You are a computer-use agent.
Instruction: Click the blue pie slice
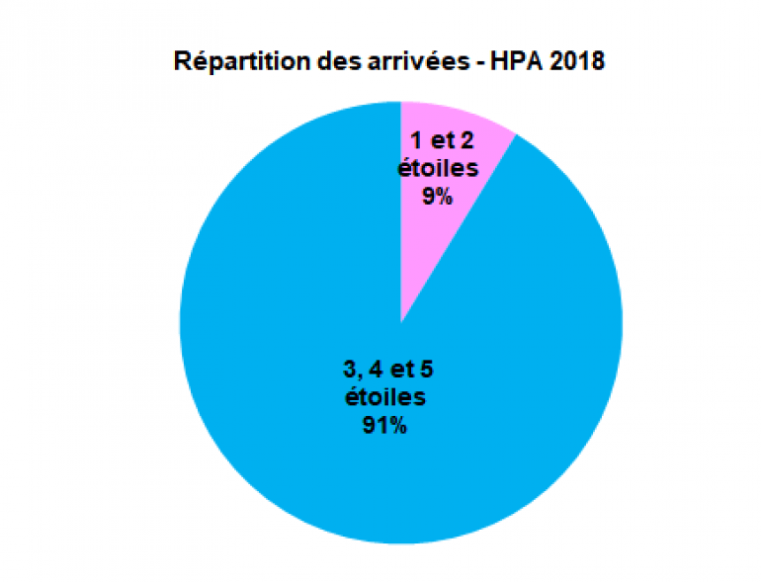[x=296, y=296]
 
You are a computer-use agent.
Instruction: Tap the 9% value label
[x=437, y=197]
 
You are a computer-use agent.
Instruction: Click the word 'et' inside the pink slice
[x=440, y=141]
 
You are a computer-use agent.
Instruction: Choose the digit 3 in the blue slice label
[x=348, y=371]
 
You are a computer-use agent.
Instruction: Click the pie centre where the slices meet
[x=400, y=322]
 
